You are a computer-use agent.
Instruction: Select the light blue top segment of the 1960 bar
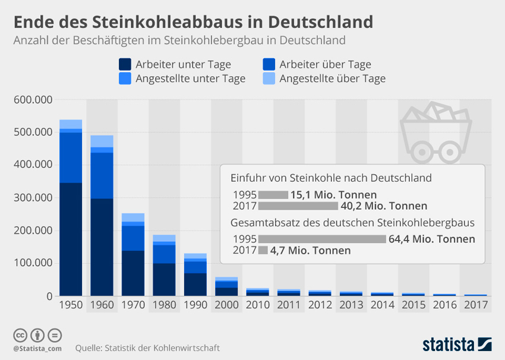tap(102, 141)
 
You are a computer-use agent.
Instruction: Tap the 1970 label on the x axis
tap(133, 305)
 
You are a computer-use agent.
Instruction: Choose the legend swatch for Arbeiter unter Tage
tap(125, 65)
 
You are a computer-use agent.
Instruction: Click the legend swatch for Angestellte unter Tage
tap(125, 78)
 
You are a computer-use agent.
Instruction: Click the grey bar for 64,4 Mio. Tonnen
tap(323, 239)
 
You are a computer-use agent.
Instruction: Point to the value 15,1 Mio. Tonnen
tap(333, 194)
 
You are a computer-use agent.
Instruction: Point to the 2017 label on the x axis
tap(475, 305)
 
